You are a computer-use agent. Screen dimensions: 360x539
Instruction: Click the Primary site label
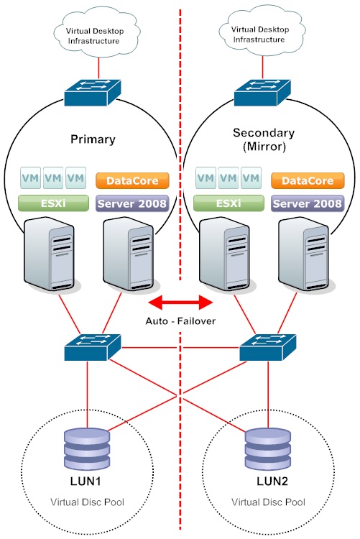tap(93, 139)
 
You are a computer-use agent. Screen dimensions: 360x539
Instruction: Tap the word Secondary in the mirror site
tap(264, 133)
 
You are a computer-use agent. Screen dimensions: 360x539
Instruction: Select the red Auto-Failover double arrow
tap(180, 303)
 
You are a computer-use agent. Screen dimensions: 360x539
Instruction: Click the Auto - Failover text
tap(180, 321)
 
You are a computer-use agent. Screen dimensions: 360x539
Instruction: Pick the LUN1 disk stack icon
tap(87, 448)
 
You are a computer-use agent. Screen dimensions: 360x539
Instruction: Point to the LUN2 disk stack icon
tap(268, 448)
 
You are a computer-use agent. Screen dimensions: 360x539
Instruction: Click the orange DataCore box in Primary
tap(132, 181)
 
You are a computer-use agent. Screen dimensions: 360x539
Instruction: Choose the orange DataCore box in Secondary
tap(308, 181)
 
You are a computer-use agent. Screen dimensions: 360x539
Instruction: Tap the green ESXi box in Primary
tap(53, 203)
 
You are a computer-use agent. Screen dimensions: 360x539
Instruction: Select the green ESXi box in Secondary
tap(229, 203)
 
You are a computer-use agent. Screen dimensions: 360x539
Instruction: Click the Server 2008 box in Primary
tap(132, 203)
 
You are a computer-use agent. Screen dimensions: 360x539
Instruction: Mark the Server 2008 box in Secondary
tap(308, 203)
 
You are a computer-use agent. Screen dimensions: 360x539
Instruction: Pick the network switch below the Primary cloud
tap(93, 93)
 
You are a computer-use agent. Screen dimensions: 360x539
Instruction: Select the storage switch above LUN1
tap(93, 347)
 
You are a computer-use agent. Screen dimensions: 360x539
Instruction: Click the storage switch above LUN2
tap(267, 347)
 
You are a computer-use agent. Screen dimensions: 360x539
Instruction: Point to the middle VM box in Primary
tap(53, 178)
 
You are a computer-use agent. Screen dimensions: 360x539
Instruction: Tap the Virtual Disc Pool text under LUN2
tap(268, 502)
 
